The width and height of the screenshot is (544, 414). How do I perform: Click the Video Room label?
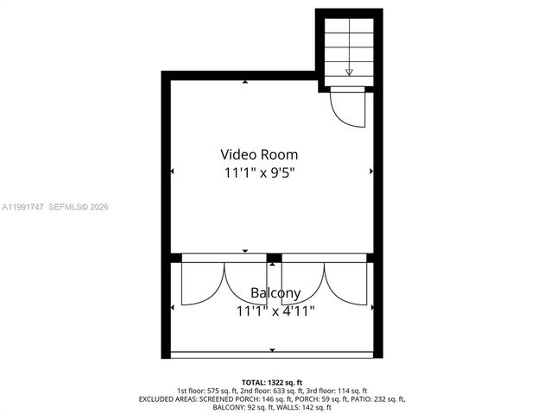259,154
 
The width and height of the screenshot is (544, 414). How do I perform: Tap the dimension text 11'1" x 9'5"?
259,172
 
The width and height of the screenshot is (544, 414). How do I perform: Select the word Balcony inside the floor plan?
275,293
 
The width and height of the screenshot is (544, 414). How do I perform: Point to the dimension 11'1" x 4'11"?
275,310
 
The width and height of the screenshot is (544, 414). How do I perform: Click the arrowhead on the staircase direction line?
349,72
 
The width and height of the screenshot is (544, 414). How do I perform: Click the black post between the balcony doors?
274,257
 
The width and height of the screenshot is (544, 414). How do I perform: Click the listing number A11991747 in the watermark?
22,207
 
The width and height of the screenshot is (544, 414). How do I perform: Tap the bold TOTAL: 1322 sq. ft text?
272,381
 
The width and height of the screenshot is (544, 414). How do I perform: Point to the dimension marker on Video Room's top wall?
245,82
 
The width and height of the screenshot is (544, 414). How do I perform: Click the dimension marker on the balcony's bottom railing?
272,350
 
